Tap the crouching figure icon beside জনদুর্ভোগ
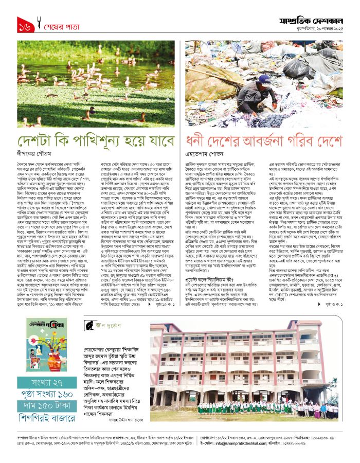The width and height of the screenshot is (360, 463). (x=90, y=325)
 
